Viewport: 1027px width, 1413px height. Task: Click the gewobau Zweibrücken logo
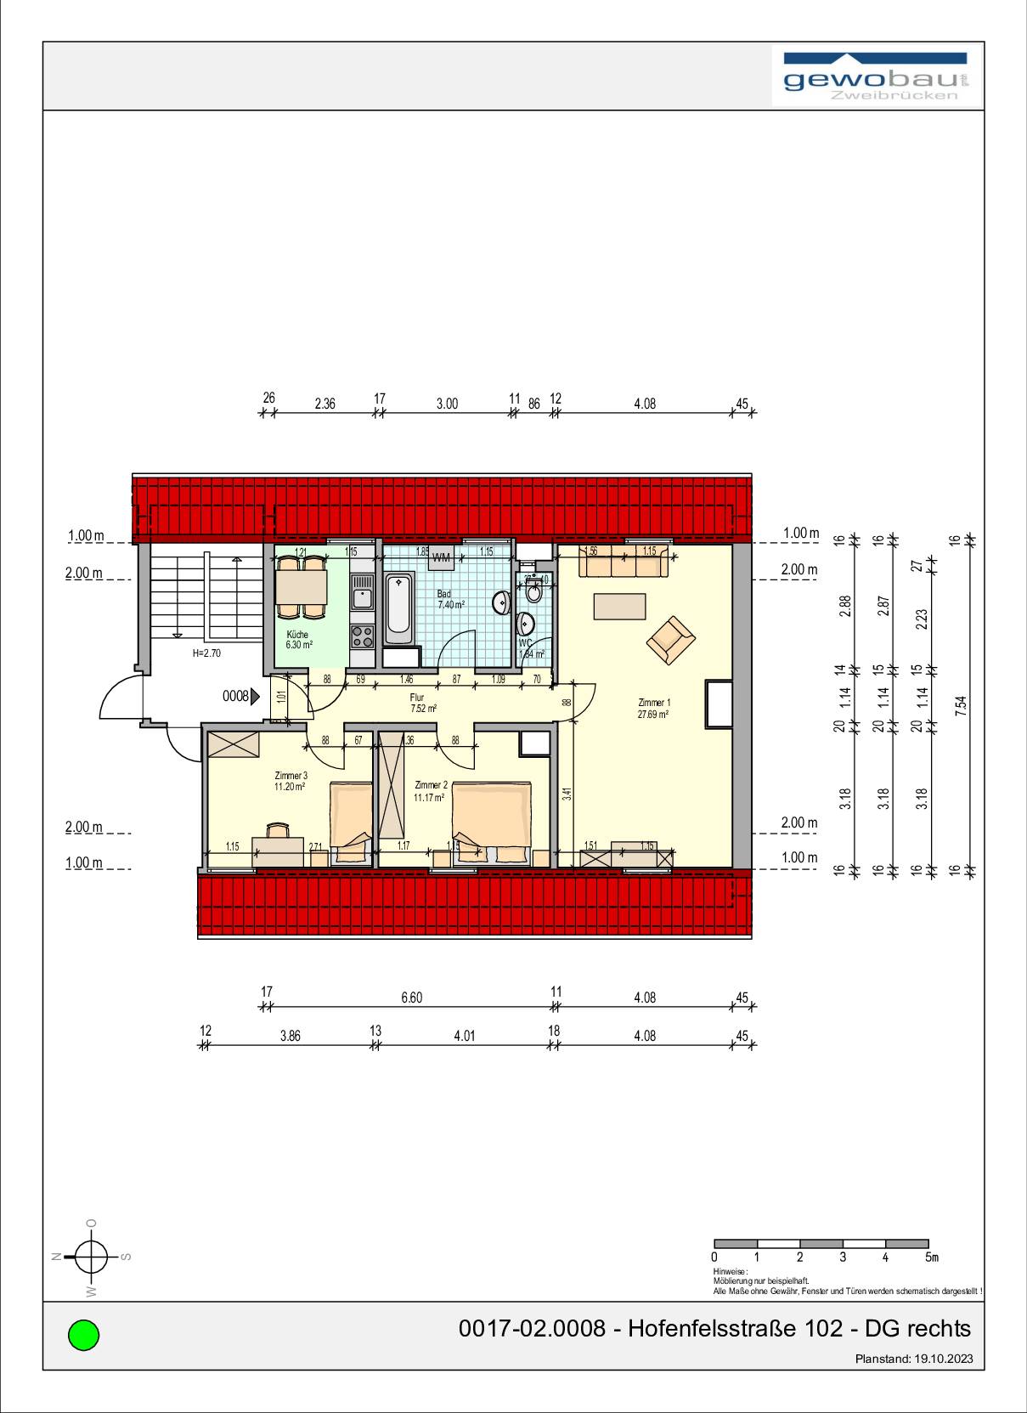pyautogui.click(x=876, y=76)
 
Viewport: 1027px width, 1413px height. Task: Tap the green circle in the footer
pyautogui.click(x=83, y=1334)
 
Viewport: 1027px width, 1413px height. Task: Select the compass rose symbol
pyautogui.click(x=92, y=1256)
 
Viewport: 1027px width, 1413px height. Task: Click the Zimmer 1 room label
pyautogui.click(x=654, y=708)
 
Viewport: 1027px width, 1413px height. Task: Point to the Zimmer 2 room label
pyautogui.click(x=430, y=791)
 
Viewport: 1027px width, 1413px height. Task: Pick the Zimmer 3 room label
pyautogui.click(x=290, y=781)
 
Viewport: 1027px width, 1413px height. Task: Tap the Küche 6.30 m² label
pyautogui.click(x=298, y=639)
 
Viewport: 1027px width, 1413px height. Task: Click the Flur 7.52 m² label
pyautogui.click(x=422, y=703)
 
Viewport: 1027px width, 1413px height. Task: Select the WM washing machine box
pyautogui.click(x=442, y=558)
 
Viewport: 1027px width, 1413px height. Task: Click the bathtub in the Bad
pyautogui.click(x=399, y=608)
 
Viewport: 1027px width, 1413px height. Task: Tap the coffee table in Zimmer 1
pyautogui.click(x=619, y=606)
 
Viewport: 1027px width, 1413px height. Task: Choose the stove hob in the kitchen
pyautogui.click(x=363, y=635)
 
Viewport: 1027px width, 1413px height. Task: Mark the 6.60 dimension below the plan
pyautogui.click(x=411, y=998)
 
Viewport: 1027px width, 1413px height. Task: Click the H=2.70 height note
pyautogui.click(x=206, y=653)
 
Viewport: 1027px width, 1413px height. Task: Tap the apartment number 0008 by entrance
pyautogui.click(x=235, y=697)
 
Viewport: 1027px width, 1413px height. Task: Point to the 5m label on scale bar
pyautogui.click(x=931, y=1257)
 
